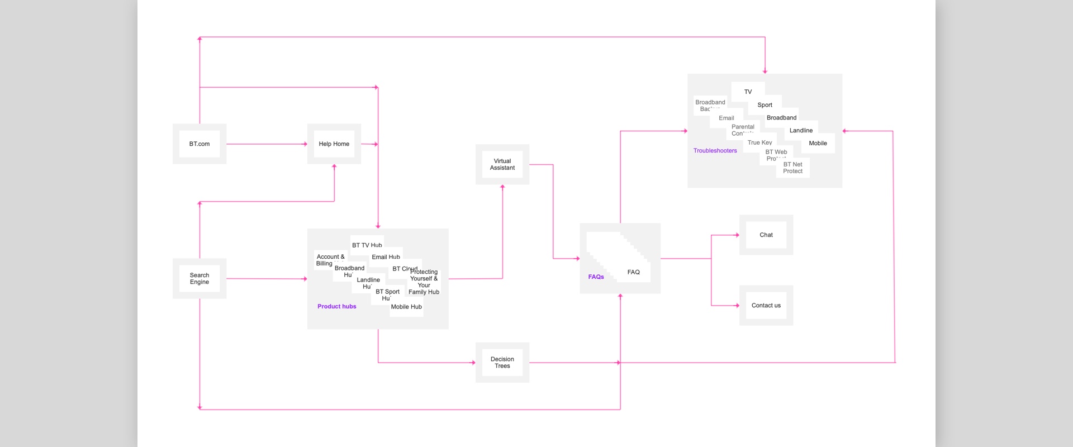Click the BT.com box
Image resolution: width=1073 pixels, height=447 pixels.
(200, 144)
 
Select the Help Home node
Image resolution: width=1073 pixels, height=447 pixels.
(334, 144)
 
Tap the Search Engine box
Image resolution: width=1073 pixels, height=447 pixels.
(200, 278)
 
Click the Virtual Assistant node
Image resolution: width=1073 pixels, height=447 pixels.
(502, 164)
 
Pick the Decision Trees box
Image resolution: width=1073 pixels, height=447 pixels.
(502, 363)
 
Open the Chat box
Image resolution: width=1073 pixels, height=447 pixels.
(766, 235)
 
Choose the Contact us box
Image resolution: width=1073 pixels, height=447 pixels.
(766, 306)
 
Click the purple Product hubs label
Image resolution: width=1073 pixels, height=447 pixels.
(336, 306)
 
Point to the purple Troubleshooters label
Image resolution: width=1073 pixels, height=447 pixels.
(715, 151)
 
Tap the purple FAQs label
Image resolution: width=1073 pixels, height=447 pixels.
(596, 277)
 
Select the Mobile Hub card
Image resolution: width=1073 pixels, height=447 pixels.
(406, 307)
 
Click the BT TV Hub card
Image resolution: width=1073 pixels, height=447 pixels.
(367, 245)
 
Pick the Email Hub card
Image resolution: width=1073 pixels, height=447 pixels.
(386, 256)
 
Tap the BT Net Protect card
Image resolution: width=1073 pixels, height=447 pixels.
(792, 168)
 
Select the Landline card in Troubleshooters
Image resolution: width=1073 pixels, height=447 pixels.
(801, 131)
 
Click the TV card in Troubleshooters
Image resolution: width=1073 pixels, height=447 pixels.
(748, 92)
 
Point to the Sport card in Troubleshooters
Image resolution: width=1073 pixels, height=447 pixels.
(765, 105)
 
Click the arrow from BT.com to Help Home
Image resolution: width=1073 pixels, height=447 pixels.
(267, 144)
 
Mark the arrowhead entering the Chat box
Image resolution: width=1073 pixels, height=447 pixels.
(737, 235)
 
